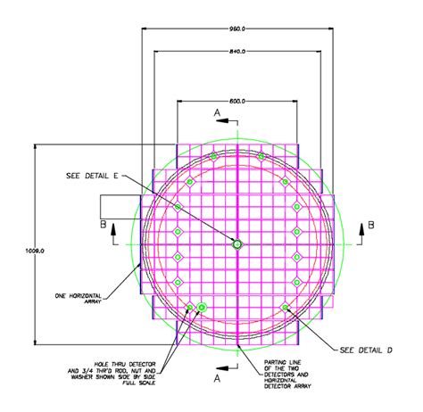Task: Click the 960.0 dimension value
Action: [x=238, y=28]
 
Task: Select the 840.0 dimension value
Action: [x=238, y=52]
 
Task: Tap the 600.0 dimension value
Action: [x=237, y=102]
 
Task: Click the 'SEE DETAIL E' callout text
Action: [x=92, y=175]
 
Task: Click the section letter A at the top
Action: [x=216, y=113]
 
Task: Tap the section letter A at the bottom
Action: [x=216, y=378]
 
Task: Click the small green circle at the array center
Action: [x=237, y=243]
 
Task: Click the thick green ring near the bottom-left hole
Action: [x=203, y=308]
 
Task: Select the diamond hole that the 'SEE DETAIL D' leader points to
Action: [x=286, y=308]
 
